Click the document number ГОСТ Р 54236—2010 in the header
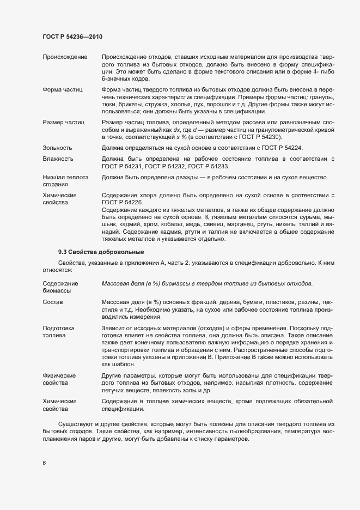coord(72,37)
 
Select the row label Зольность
coord(57,148)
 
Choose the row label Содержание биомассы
coord(60,287)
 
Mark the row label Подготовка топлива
coord(58,332)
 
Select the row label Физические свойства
coord(59,380)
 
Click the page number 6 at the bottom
coord(44,463)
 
